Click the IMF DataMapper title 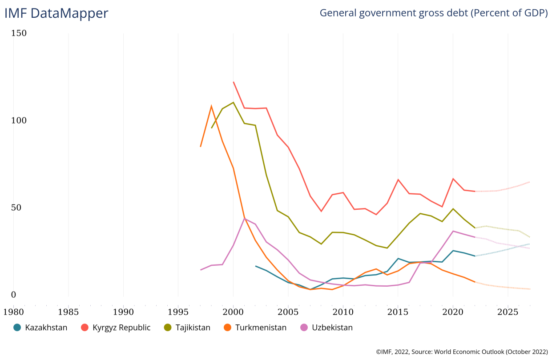(56, 13)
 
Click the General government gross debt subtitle (433, 13)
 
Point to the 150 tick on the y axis (19, 33)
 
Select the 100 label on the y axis (19, 120)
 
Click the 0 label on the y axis (13, 295)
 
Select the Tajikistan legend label (193, 328)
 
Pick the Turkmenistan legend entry (261, 328)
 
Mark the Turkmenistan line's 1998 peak (211, 106)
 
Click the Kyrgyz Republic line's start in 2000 (233, 82)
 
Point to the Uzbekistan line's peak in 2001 (244, 218)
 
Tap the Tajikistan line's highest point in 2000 (233, 103)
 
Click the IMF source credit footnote (462, 352)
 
